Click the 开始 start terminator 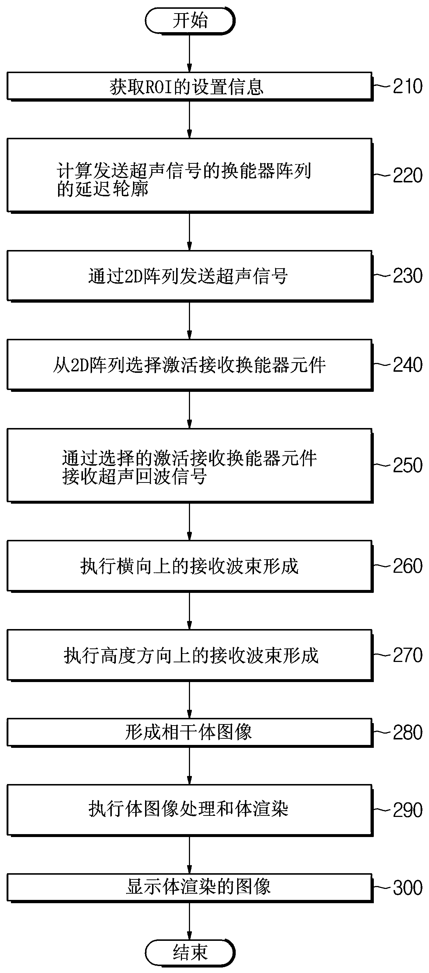tap(190, 20)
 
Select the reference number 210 tap(407, 87)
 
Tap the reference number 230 tap(407, 276)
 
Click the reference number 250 tap(407, 465)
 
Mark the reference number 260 tap(407, 566)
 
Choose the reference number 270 tap(407, 655)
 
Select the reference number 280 tap(407, 733)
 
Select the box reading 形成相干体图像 tap(189, 733)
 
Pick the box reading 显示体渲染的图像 tap(189, 887)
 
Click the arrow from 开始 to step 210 tap(190, 53)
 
